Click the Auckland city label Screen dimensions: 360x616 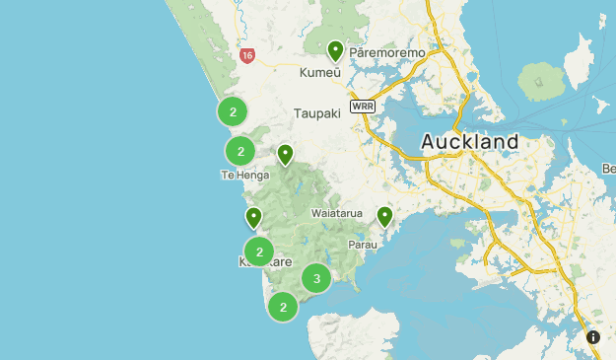coord(469,142)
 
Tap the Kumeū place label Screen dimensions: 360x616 coord(319,72)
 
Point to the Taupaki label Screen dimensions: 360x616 coord(316,113)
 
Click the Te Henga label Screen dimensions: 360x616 coord(240,175)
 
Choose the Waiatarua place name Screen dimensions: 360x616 coord(337,213)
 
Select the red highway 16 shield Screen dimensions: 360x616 coord(246,56)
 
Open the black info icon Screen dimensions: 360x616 coord(593,337)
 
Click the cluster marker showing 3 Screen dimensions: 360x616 coord(316,278)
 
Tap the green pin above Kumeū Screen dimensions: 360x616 coord(335,50)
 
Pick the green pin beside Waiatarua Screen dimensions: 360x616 coord(384,216)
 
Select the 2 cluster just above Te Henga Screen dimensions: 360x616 coord(240,151)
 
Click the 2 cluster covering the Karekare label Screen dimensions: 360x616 coord(258,252)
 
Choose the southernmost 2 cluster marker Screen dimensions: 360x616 coord(283,307)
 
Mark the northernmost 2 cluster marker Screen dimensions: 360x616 coord(233,110)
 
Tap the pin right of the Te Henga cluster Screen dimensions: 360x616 coord(285,155)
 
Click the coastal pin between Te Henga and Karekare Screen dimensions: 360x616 coord(253,217)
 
